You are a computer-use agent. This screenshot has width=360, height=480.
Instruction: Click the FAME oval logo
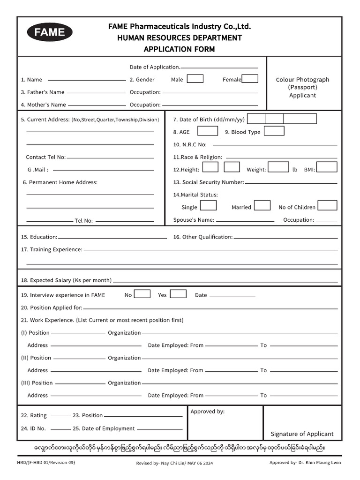click(50, 33)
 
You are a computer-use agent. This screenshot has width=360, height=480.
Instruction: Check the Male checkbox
click(195, 79)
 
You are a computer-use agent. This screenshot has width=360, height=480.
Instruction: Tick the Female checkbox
click(250, 79)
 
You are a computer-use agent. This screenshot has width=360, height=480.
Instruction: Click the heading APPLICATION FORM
click(180, 49)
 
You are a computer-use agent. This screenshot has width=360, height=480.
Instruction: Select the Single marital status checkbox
click(209, 206)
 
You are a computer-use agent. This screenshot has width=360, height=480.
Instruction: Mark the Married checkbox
click(262, 206)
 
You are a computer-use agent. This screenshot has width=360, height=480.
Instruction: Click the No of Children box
click(328, 206)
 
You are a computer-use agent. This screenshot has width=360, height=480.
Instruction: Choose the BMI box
click(328, 167)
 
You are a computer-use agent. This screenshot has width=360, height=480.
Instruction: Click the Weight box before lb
click(278, 167)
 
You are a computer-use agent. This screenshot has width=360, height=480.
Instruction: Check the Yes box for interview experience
click(178, 294)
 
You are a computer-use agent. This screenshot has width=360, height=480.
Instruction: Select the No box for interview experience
click(142, 294)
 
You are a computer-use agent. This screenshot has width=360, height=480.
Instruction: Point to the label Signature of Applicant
click(302, 434)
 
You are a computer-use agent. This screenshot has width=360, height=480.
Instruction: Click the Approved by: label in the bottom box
click(208, 412)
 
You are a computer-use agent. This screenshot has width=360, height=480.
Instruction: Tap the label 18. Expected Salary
click(66, 280)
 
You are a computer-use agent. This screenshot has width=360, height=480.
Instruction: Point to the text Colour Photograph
click(302, 80)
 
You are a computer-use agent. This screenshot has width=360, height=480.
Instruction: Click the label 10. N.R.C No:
click(190, 145)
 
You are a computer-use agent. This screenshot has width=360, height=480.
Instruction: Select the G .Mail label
click(38, 170)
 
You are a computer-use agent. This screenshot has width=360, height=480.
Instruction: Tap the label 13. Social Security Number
click(209, 182)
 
